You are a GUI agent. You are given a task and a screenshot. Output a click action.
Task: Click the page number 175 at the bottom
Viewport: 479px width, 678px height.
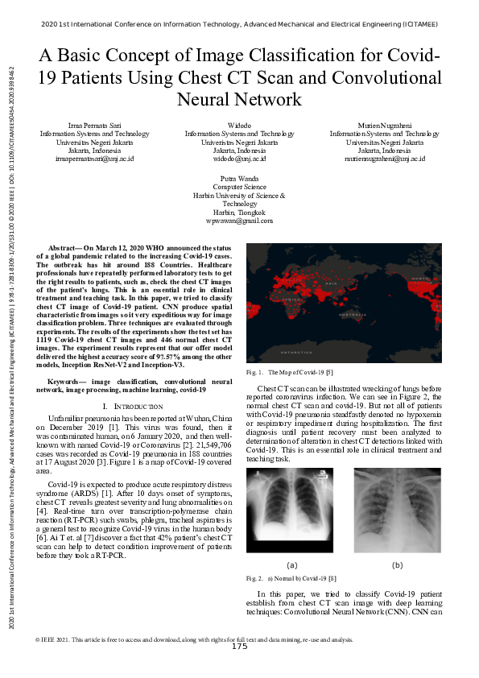click(239, 647)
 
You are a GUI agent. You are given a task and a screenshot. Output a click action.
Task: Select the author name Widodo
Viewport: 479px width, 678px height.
click(239, 125)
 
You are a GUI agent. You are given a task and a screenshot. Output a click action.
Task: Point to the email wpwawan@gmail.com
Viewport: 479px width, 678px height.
click(239, 220)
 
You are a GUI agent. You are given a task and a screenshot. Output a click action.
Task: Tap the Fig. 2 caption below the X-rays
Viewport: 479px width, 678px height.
click(293, 578)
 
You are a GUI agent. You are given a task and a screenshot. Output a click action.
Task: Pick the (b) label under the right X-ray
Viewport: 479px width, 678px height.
click(397, 565)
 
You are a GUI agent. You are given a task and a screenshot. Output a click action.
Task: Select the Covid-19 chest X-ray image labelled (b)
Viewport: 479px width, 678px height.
click(397, 513)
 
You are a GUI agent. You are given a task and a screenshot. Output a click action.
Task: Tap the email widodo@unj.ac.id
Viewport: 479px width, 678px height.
click(239, 159)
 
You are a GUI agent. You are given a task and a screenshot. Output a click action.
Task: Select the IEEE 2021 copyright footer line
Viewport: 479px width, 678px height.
click(193, 639)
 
